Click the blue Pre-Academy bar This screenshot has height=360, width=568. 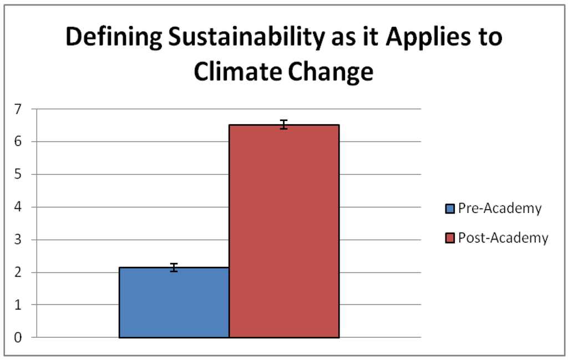174,302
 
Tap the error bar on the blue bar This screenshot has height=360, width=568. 174,267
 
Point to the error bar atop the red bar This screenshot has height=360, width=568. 284,125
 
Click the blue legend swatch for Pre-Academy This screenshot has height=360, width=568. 450,209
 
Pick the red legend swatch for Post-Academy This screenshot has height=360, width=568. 450,239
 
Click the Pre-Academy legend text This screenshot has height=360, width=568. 499,209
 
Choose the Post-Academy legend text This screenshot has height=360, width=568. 503,239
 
